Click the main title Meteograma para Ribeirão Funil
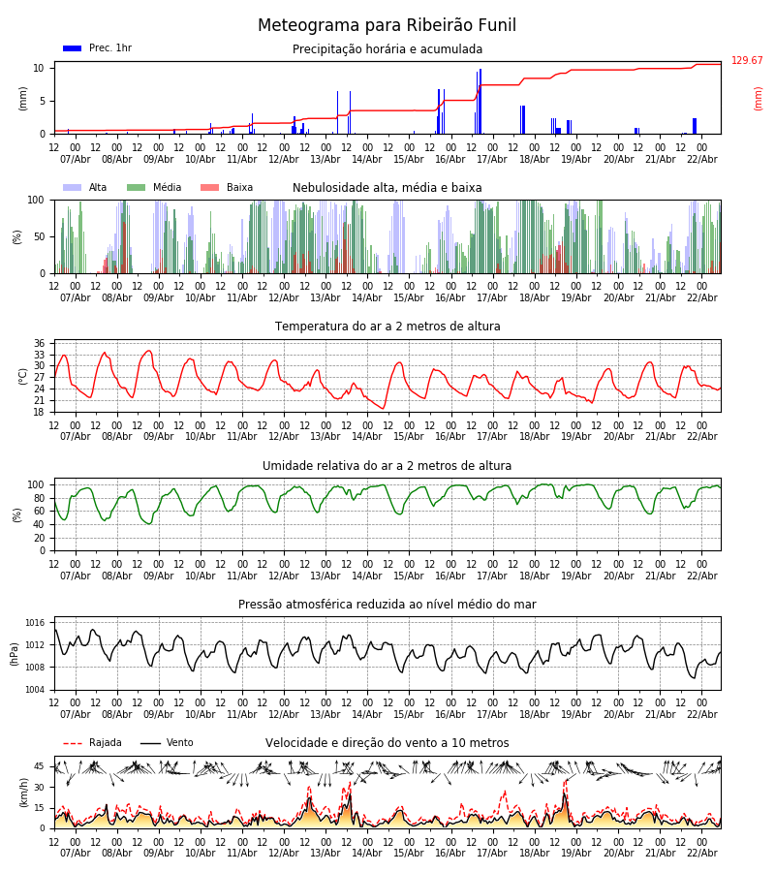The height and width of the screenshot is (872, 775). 387,26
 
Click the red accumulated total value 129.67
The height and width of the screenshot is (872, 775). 747,61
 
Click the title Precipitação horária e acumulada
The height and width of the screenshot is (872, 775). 387,49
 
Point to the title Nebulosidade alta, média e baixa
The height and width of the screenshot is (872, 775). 387,188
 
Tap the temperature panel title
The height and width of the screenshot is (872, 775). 387,327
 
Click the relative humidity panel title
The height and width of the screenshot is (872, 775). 387,466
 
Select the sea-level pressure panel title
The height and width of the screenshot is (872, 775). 387,605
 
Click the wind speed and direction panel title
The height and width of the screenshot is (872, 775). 387,743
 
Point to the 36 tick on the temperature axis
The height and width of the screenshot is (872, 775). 39,344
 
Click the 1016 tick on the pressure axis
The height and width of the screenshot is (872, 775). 35,623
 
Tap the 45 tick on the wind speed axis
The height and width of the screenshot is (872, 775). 39,766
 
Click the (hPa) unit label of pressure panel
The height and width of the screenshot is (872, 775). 15,653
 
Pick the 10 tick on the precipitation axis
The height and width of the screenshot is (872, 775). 39,68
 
